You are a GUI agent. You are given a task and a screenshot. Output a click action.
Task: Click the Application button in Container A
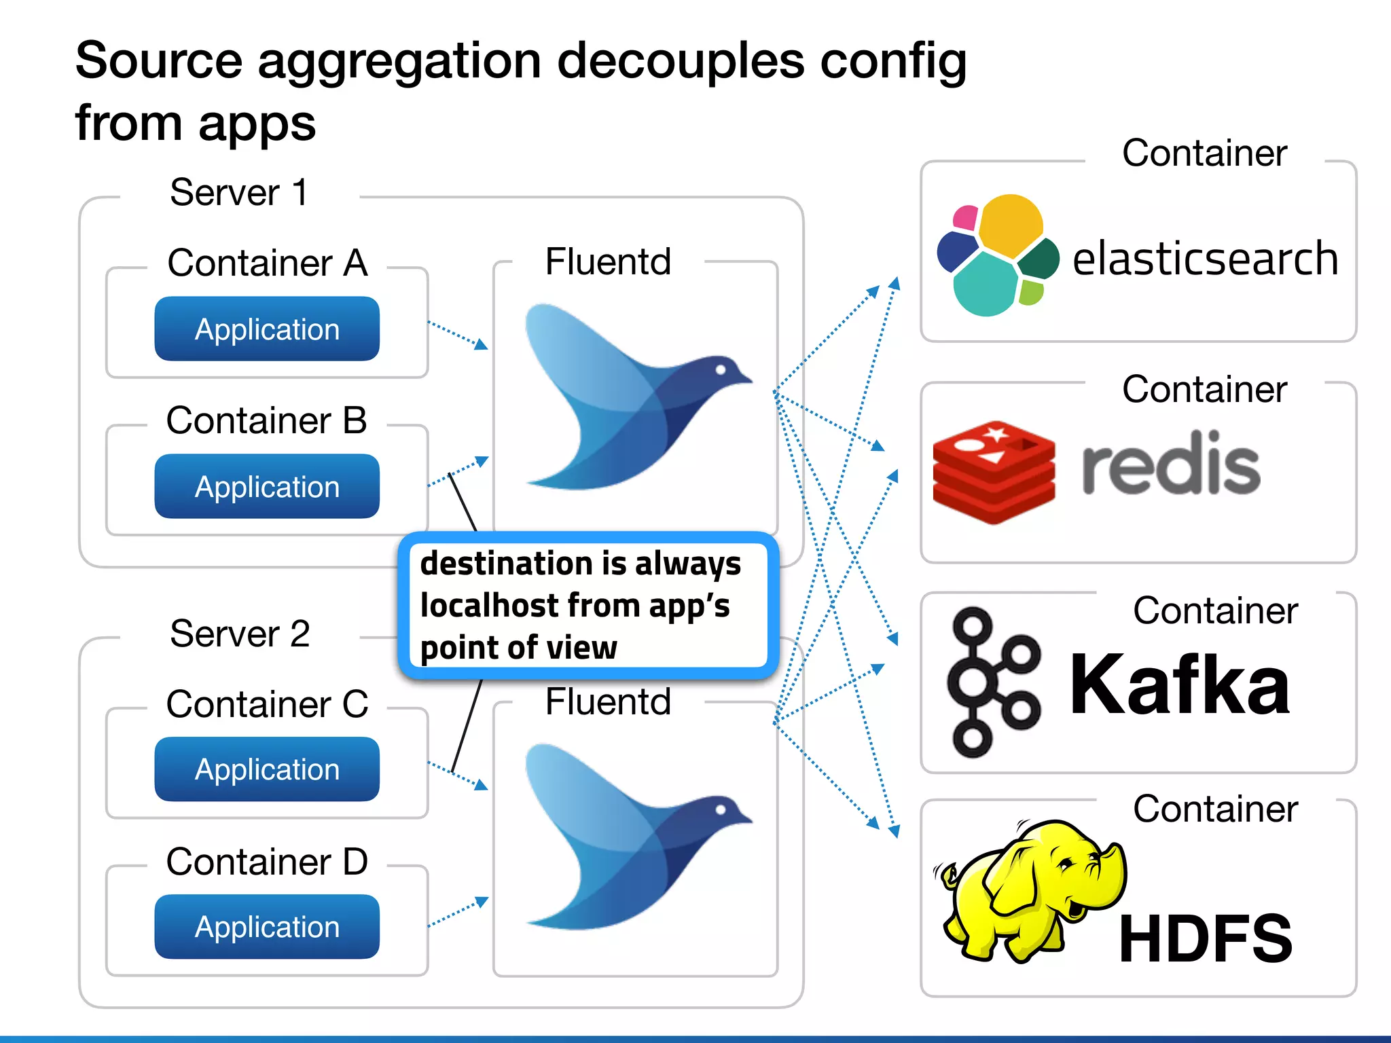[267, 329]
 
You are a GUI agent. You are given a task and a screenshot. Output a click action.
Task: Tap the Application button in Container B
[267, 487]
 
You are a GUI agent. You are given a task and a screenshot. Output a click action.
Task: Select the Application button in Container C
[267, 769]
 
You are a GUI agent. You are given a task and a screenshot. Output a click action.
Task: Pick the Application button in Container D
[267, 927]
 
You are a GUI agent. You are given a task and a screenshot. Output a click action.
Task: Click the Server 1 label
[239, 193]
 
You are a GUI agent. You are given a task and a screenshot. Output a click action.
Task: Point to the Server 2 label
[240, 634]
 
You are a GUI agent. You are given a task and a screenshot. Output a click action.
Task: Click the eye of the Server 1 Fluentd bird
[721, 369]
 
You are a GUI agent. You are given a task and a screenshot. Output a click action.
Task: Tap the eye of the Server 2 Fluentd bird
[721, 809]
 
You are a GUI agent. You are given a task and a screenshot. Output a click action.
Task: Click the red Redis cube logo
[994, 472]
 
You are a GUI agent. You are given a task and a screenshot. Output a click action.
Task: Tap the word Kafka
[1179, 684]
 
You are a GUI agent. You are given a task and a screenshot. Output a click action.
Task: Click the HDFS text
[1205, 938]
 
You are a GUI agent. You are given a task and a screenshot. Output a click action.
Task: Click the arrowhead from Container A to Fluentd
[482, 345]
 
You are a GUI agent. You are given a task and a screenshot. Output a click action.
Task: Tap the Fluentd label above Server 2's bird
[608, 701]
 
